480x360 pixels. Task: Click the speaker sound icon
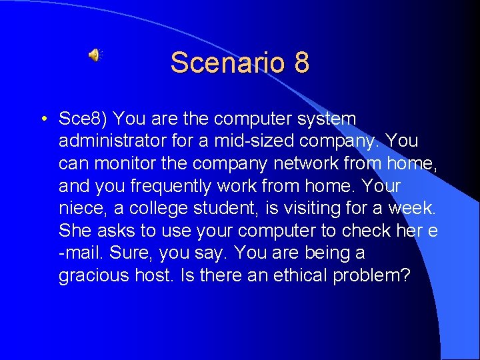tap(94, 55)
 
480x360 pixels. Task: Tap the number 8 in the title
tap(301, 63)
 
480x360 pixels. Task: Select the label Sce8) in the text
tap(83, 119)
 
